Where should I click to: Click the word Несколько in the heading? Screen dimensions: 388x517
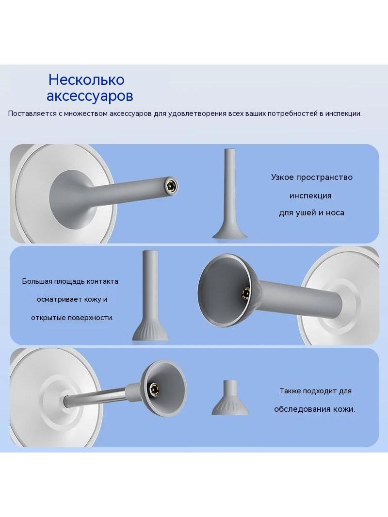(x=86, y=80)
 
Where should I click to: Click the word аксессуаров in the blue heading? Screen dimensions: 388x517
(x=90, y=96)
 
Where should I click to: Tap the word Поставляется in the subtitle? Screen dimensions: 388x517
(x=32, y=114)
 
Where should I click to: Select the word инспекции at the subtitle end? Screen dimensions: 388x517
(x=343, y=114)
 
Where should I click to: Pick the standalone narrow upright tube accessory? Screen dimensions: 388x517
(x=229, y=194)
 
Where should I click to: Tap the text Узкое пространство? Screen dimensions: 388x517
(x=312, y=178)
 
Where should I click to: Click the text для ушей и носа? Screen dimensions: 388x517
(x=311, y=213)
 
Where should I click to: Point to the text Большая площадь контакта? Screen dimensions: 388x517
(x=71, y=282)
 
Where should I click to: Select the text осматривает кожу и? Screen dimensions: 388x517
(x=72, y=299)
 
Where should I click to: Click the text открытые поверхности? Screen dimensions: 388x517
(x=72, y=318)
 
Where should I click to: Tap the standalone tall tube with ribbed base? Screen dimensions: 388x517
(x=150, y=295)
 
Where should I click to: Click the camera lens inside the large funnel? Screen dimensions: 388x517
(x=245, y=292)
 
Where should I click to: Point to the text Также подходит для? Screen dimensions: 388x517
(x=315, y=391)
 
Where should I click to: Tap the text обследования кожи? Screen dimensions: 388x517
(x=314, y=409)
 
